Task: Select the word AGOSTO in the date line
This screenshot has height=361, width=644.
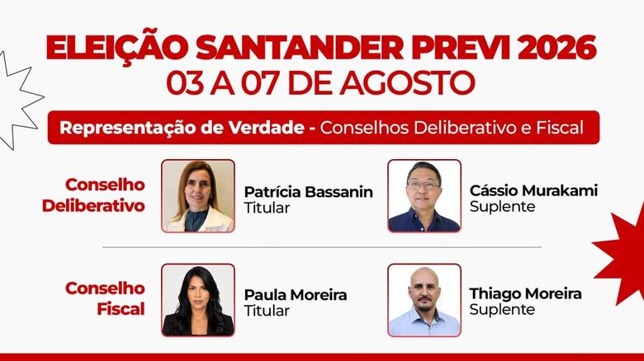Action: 407,83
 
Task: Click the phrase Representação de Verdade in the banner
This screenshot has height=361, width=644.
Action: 182,128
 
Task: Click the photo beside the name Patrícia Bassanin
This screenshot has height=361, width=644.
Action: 198,196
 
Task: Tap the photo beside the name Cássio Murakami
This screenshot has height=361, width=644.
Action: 424,196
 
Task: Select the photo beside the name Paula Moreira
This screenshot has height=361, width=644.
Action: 198,300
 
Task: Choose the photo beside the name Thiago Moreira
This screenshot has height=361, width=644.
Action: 424,300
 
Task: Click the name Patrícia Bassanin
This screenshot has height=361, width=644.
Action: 309,191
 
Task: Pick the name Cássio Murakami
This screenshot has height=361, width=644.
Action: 533,190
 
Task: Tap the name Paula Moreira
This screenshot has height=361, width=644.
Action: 296,294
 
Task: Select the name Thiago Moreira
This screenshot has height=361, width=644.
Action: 526,293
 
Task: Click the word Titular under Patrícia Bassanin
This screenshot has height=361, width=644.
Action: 267,208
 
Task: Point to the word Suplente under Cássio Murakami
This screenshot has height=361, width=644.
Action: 502,207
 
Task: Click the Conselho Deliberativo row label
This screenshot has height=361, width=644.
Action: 93,195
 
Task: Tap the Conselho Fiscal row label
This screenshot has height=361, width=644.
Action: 105,298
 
